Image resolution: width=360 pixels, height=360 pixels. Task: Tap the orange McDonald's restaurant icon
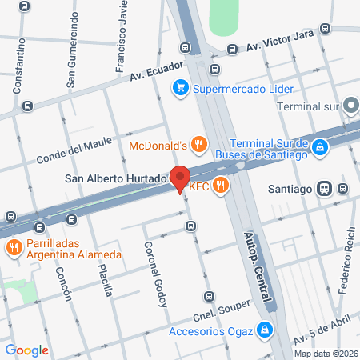point(200,145)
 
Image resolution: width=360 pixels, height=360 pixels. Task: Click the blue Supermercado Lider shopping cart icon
point(182,88)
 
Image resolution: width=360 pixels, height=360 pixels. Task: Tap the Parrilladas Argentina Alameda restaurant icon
point(13,247)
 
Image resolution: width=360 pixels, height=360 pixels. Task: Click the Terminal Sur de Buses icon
point(319,146)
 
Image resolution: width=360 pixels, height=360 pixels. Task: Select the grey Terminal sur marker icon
point(350,106)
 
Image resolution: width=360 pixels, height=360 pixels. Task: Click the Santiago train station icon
point(323,188)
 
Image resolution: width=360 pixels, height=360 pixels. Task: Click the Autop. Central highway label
point(255,266)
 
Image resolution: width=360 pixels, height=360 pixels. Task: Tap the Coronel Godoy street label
point(155,273)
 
